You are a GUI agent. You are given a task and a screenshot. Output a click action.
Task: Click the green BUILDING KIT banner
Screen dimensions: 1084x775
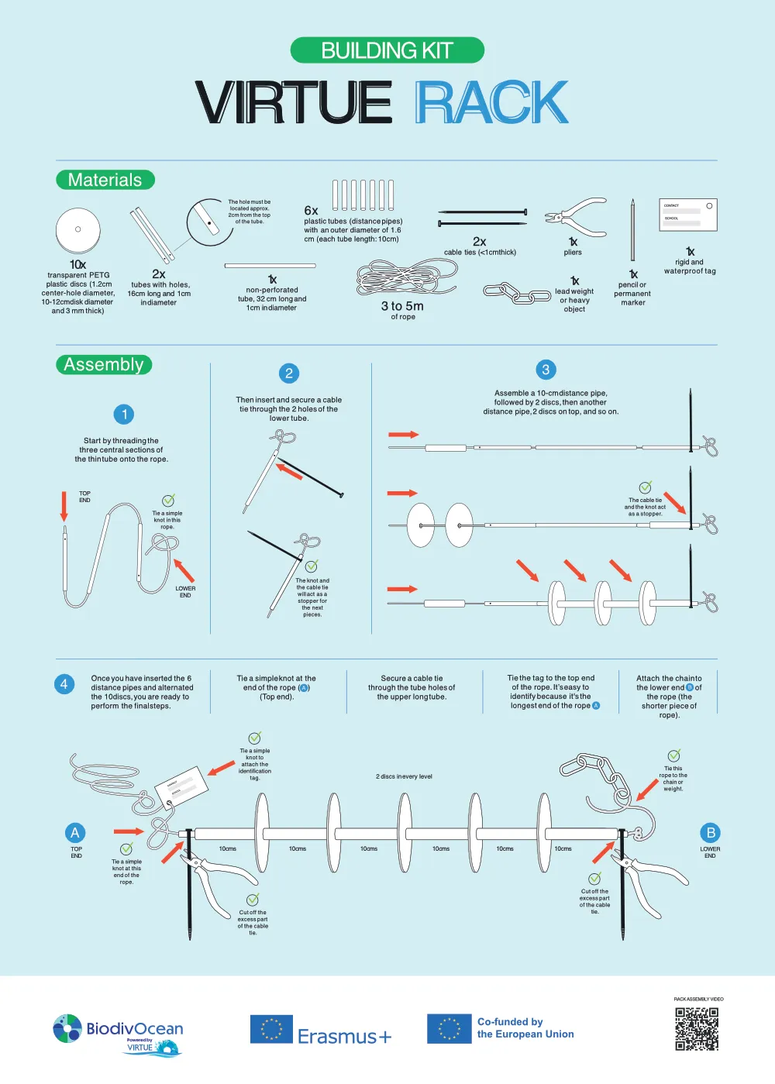(x=387, y=50)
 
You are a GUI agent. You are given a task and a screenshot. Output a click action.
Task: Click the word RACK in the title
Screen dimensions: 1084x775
(x=491, y=102)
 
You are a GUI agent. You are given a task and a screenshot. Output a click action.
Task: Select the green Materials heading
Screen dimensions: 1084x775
(x=105, y=180)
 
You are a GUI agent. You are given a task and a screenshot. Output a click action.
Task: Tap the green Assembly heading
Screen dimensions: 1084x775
(x=104, y=364)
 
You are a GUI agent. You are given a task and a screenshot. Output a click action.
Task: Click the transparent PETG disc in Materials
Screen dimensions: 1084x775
(x=78, y=230)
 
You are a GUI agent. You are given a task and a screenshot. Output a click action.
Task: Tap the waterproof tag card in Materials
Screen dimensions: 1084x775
(x=687, y=215)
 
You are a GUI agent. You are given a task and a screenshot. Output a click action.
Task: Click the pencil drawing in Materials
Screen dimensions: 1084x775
(x=632, y=231)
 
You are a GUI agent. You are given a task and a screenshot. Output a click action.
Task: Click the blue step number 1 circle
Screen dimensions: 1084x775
(x=124, y=415)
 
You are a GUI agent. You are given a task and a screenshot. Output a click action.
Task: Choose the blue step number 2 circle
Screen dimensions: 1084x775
(x=289, y=373)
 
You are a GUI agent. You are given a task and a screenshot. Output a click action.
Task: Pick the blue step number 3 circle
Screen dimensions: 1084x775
(x=546, y=370)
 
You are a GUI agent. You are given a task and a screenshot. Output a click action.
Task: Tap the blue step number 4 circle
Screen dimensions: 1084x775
(x=64, y=684)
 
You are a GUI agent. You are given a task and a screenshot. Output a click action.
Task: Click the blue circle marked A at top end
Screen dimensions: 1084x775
(x=75, y=833)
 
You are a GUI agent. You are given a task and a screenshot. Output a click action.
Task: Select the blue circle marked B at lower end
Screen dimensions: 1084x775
(x=710, y=833)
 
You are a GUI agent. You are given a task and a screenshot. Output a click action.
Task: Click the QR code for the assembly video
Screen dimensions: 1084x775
(x=697, y=1029)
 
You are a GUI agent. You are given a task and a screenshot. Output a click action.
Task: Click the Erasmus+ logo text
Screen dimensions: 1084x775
(x=344, y=1036)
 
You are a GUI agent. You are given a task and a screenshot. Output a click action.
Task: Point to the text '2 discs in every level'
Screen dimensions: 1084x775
(x=404, y=776)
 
